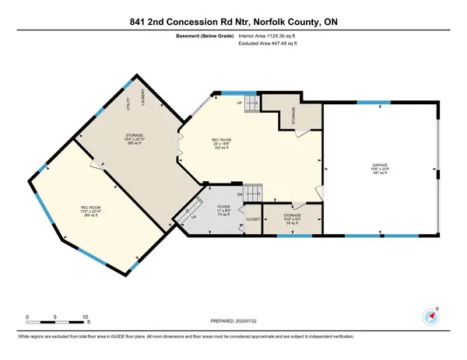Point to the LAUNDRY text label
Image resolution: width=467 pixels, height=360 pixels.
142,96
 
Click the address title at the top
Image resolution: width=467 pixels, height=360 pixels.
233,11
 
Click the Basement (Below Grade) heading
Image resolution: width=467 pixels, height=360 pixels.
198,33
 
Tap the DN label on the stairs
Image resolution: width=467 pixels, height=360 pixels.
241,194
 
